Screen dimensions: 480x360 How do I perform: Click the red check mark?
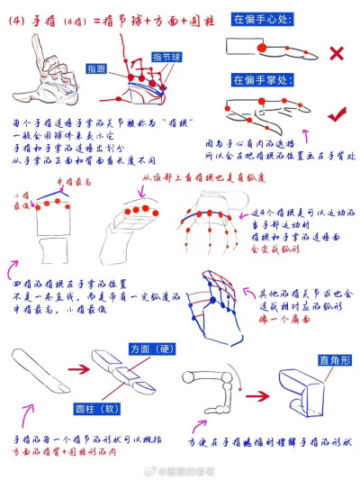point(337,115)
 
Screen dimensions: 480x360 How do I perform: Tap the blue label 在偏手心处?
point(260,17)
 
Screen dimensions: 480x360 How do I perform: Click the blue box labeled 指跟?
point(97,68)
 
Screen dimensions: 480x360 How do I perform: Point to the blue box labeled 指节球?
point(166,59)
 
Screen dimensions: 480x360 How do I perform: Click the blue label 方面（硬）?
point(151,349)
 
